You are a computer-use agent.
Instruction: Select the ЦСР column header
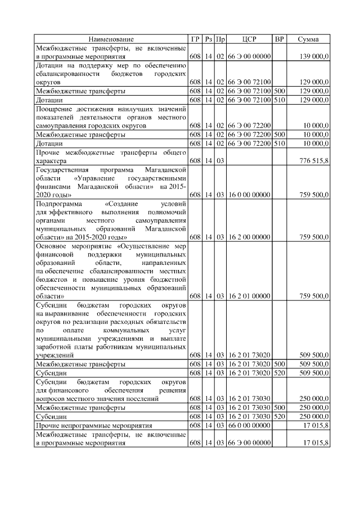(249, 39)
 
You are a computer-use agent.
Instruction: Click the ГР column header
(195, 39)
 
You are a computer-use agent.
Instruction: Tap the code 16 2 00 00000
(249, 237)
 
